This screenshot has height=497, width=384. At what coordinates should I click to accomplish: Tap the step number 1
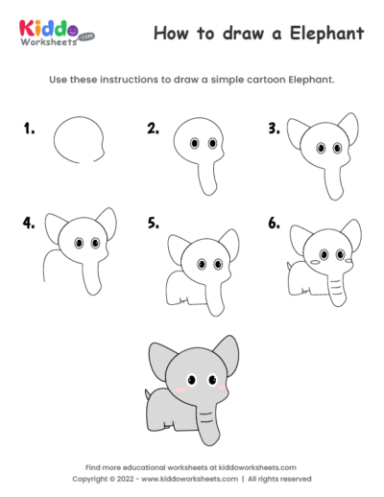tap(30, 127)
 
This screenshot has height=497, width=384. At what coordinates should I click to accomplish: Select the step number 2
tap(153, 127)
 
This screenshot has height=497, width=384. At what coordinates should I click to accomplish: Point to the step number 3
tap(274, 127)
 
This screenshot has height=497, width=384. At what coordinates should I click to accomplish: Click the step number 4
tap(30, 223)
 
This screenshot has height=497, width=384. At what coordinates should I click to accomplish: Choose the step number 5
tap(153, 223)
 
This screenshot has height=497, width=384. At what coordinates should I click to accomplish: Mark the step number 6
tap(274, 223)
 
